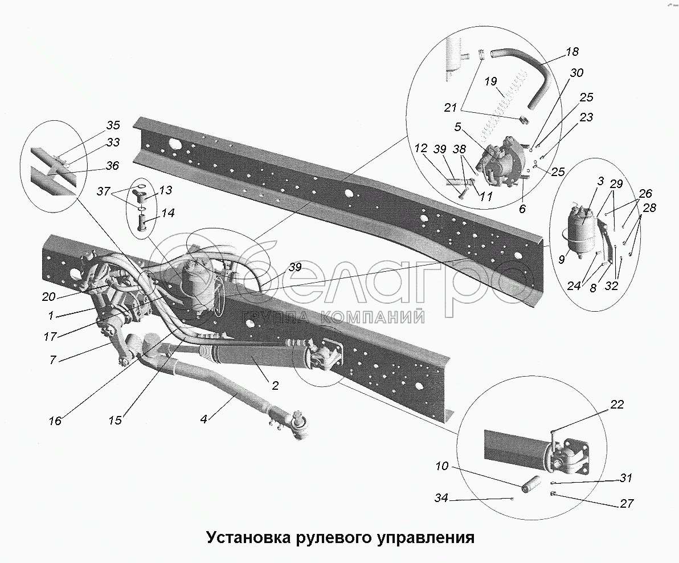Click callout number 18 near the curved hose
tap(572, 52)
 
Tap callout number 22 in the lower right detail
tap(617, 405)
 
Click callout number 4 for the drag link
tap(204, 419)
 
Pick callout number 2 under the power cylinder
tap(275, 386)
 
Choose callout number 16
tap(55, 421)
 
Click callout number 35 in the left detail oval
tap(113, 125)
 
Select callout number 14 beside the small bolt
tap(168, 213)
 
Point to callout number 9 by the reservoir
tap(562, 260)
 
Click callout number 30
tap(576, 73)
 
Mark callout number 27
tap(626, 504)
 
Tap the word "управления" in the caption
tap(426, 537)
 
